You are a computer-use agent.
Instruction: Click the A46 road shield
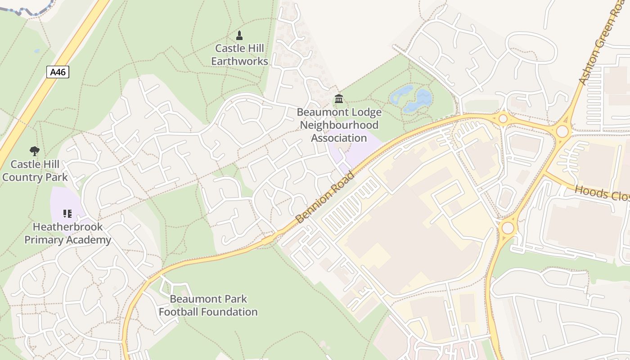(58, 72)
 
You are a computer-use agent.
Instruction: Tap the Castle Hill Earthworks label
(239, 54)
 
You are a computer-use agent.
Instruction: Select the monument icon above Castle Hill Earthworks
(239, 36)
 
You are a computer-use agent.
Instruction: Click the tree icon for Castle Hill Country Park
(34, 151)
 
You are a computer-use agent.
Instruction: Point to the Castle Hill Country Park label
(35, 171)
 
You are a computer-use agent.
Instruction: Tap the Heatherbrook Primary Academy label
(67, 233)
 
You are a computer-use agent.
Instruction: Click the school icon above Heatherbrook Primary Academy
(67, 214)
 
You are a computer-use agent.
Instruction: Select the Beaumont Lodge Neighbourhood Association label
(339, 125)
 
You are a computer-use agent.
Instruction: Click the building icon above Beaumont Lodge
(339, 99)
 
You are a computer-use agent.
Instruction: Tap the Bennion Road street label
(325, 197)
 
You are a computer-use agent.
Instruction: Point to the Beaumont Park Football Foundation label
(208, 305)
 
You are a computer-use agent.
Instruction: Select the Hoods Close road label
(602, 193)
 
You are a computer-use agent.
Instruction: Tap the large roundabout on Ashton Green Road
(562, 131)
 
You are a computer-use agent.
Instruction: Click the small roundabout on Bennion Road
(503, 119)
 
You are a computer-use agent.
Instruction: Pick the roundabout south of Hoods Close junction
(508, 228)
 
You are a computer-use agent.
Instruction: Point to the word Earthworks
(239, 61)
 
